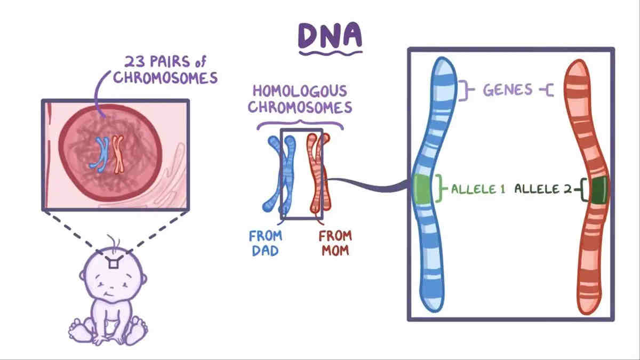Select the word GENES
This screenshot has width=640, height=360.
tap(508, 90)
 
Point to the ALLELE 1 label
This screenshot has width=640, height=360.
tap(478, 189)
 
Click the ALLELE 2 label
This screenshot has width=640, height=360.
tap(543, 189)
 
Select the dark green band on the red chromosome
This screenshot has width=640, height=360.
tap(596, 190)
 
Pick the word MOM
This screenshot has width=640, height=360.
tap(334, 250)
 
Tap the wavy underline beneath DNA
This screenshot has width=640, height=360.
tap(330, 53)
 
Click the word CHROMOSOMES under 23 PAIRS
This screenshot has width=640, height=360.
tap(165, 78)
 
